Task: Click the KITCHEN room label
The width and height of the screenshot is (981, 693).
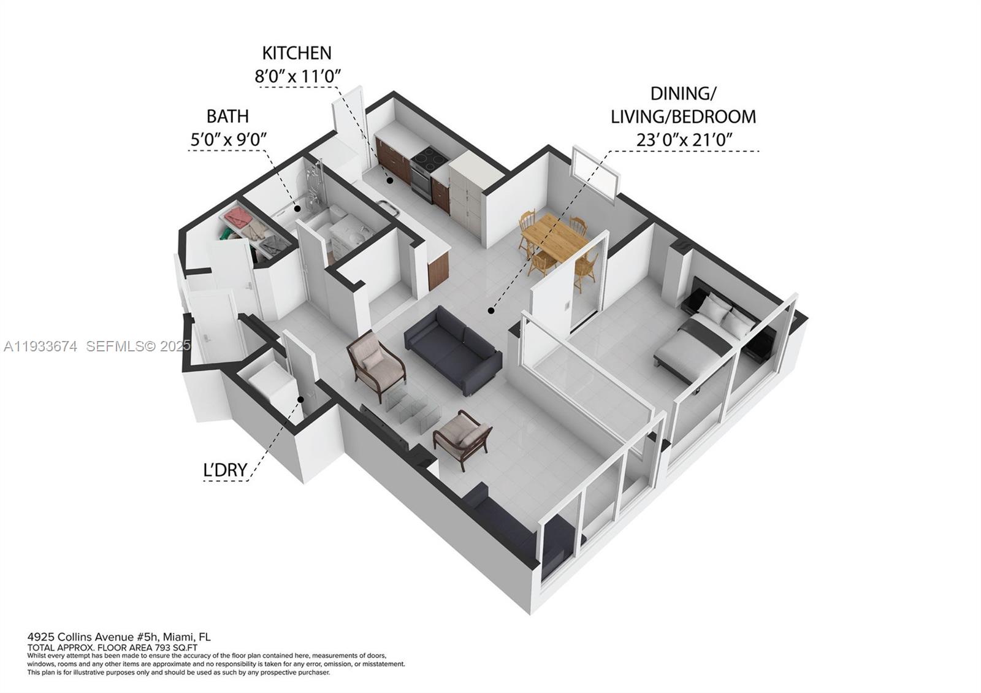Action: (297, 53)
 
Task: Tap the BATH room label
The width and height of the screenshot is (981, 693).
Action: (227, 116)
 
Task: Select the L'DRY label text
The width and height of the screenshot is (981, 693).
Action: (225, 470)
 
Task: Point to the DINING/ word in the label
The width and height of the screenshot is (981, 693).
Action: (683, 94)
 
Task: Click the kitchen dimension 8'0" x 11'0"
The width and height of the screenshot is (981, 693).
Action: (297, 76)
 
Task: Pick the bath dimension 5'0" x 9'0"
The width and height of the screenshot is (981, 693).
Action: (227, 139)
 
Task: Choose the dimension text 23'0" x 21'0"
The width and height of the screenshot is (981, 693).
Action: (684, 140)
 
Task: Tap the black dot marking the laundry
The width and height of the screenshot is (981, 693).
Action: (301, 400)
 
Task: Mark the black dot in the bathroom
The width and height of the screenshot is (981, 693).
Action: (297, 209)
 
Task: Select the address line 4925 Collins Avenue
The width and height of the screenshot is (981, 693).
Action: (119, 637)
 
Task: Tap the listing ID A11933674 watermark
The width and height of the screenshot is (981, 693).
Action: (40, 346)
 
